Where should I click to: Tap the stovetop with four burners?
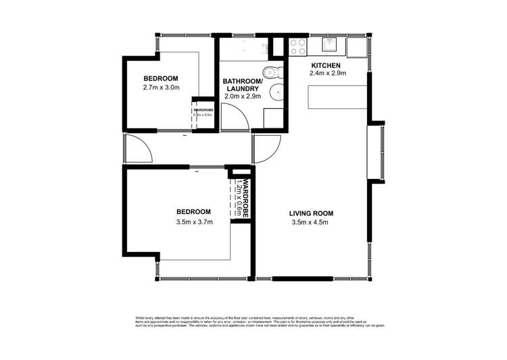pyautogui.click(x=297, y=46)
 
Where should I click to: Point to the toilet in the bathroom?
pyautogui.click(x=270, y=73)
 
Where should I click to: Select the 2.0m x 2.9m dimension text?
pyautogui.click(x=241, y=96)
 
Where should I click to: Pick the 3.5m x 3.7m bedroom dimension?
pyautogui.click(x=193, y=222)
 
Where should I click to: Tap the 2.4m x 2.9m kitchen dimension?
pyautogui.click(x=328, y=74)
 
